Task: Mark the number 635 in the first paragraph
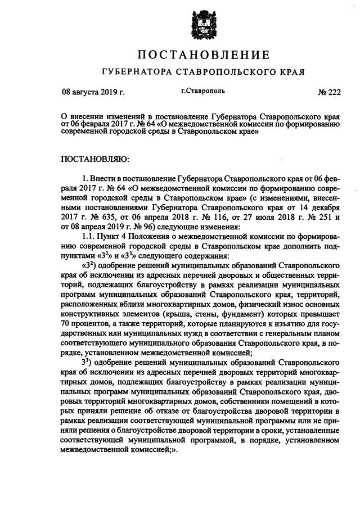click(x=117, y=217)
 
